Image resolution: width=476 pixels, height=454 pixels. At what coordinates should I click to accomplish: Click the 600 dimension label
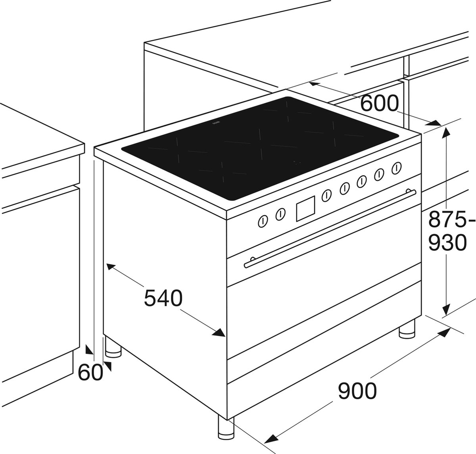[379, 103]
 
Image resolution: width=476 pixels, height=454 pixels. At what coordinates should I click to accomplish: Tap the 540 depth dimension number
[163, 298]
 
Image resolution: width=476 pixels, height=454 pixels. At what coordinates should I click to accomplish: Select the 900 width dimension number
[357, 391]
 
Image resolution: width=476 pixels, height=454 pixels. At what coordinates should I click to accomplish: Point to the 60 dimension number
[90, 372]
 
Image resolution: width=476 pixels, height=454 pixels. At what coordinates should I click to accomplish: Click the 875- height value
[447, 219]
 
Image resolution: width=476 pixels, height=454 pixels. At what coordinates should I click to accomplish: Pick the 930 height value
[447, 242]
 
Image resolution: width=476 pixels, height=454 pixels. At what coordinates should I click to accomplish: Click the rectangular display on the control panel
[305, 208]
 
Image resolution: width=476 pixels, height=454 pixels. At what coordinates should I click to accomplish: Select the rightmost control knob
[397, 167]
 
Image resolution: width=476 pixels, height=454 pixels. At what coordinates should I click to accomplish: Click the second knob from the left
[280, 214]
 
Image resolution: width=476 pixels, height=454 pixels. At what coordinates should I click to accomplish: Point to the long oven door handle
[330, 229]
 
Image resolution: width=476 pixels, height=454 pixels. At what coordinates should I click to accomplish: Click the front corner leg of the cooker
[226, 427]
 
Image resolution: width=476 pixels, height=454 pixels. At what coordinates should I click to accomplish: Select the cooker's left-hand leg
[113, 347]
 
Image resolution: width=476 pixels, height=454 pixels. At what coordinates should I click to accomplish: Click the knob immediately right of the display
[326, 196]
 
